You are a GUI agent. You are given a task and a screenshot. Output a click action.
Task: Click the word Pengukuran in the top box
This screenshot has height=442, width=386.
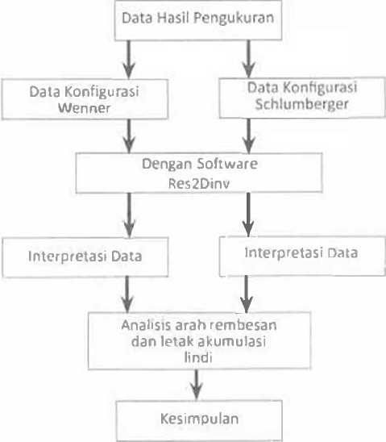[x=234, y=19]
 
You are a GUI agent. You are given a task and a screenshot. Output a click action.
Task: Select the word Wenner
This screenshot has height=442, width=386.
[x=84, y=108]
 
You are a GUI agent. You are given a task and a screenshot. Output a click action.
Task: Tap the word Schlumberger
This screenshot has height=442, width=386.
[x=301, y=105]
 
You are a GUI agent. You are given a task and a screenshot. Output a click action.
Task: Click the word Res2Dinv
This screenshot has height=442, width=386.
[x=199, y=184]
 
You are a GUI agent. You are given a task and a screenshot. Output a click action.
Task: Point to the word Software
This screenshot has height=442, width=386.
[x=226, y=164]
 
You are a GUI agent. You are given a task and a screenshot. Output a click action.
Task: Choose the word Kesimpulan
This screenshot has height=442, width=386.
[x=199, y=419]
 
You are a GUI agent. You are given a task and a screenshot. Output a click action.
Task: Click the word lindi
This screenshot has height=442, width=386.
[x=198, y=357]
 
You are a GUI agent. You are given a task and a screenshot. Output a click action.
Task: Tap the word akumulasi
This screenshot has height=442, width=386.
[x=232, y=341]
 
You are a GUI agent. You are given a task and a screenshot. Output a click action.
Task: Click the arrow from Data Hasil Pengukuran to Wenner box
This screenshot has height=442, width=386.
[x=129, y=60]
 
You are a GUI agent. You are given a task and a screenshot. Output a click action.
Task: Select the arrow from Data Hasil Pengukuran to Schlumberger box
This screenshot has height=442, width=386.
[x=249, y=59]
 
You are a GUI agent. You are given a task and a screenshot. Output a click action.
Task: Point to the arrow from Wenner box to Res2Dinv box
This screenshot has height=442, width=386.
[x=129, y=136]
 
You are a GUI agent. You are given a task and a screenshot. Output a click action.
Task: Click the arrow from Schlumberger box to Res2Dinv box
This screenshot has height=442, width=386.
[x=249, y=136]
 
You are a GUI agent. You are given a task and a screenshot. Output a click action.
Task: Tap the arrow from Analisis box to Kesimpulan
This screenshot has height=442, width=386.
[x=197, y=385]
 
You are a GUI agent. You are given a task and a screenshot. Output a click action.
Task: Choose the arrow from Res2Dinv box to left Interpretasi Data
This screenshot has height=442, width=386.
[x=129, y=215]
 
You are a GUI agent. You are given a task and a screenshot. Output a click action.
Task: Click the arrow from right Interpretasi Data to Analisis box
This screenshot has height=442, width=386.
[x=247, y=294]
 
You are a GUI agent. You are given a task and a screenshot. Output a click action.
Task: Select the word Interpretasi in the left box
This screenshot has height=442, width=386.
[x=68, y=256]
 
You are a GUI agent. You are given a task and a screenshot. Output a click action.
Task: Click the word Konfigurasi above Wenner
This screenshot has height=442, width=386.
[x=102, y=92]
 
